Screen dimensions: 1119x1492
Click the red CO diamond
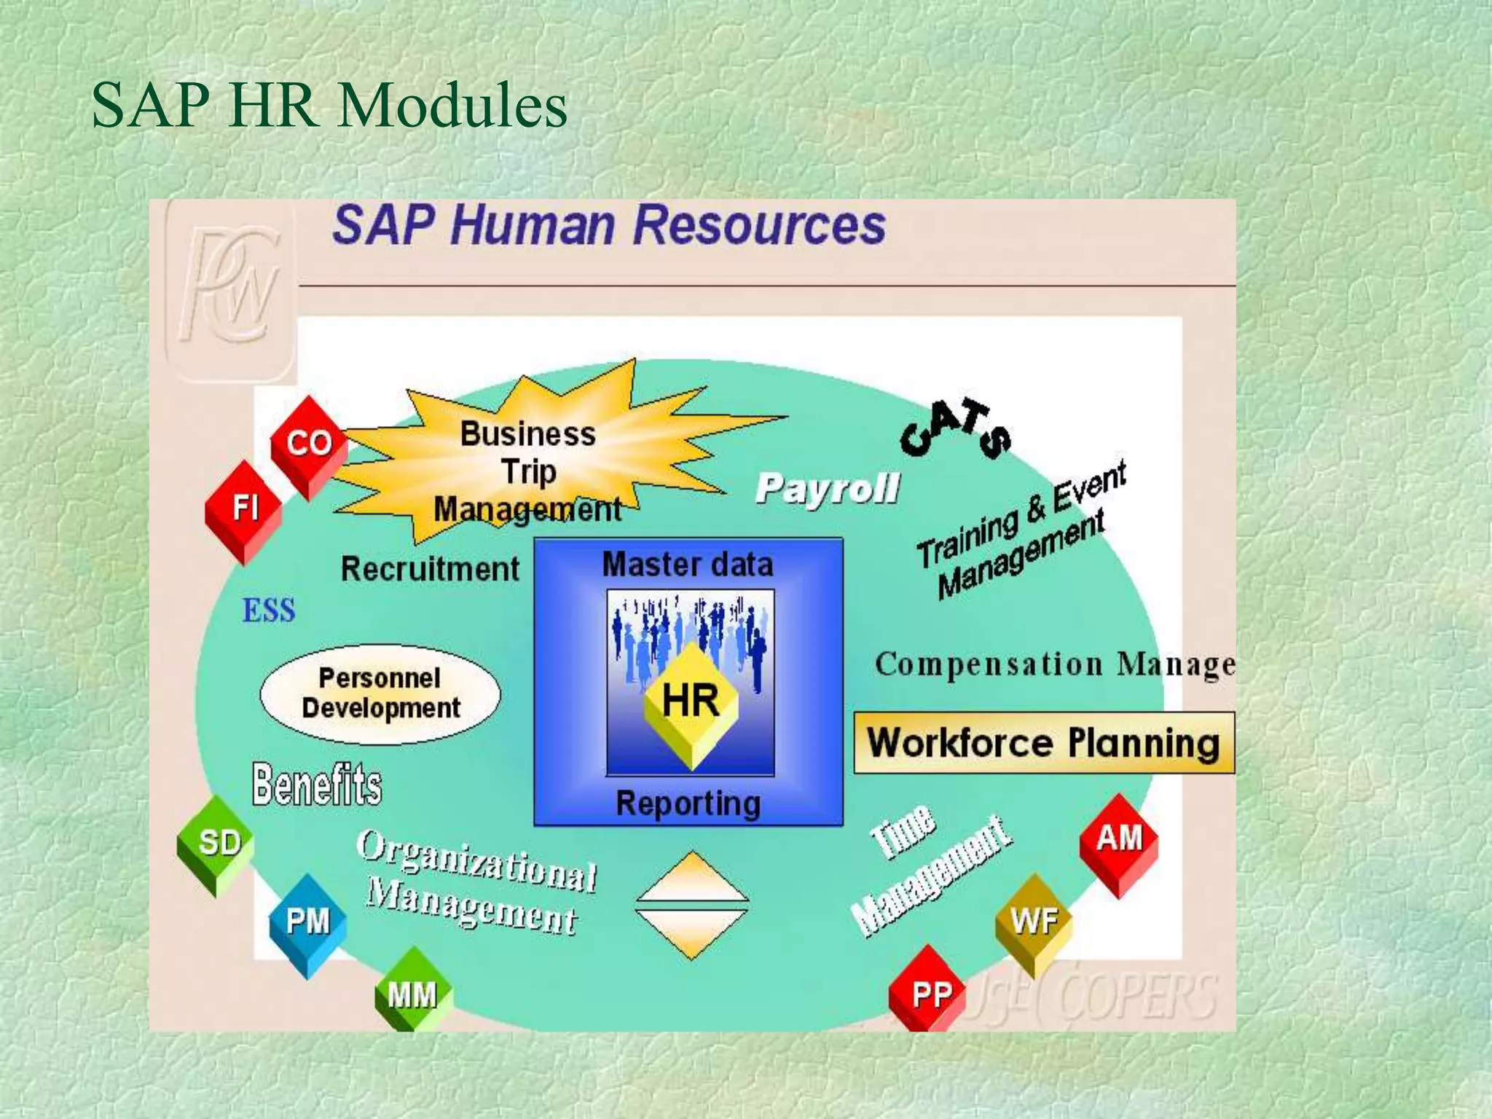(309, 445)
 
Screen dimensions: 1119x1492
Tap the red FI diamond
(244, 510)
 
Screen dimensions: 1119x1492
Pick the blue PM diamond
(307, 924)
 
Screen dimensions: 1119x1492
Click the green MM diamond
(412, 994)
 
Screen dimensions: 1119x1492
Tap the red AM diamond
(1119, 841)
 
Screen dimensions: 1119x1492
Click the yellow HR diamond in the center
(691, 702)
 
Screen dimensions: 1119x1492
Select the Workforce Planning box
(1044, 743)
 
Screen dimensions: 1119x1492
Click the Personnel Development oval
(380, 694)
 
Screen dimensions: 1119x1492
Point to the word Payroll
(828, 488)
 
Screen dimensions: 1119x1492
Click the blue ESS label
(269, 610)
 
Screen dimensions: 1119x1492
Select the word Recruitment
(430, 569)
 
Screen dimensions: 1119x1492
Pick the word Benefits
(317, 785)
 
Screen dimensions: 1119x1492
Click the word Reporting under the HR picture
(688, 804)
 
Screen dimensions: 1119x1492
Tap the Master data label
(688, 565)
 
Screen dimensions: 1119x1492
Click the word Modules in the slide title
(453, 106)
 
